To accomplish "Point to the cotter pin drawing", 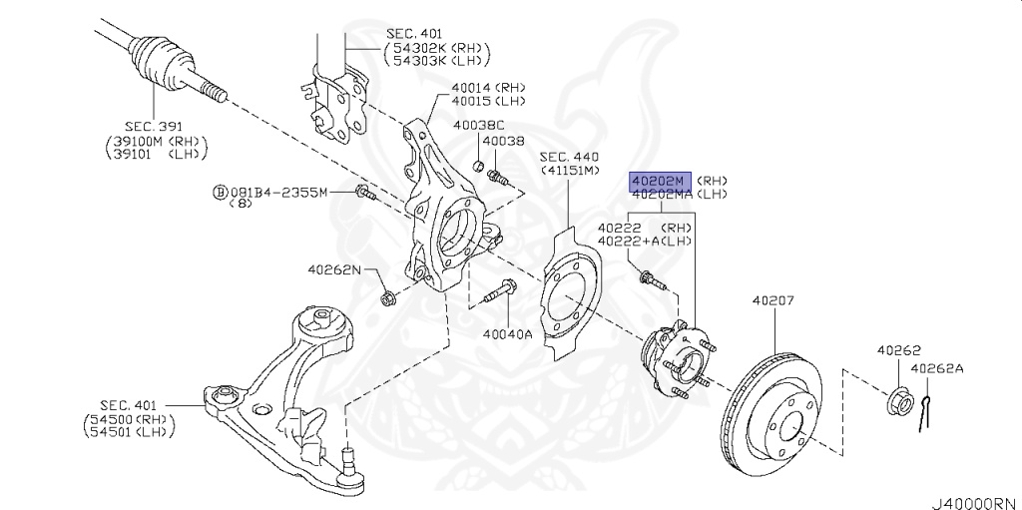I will click(x=929, y=410).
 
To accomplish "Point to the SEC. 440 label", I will click(x=569, y=157).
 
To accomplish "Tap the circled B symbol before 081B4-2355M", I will click(x=219, y=192).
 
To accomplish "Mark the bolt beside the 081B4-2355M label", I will click(x=364, y=193).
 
